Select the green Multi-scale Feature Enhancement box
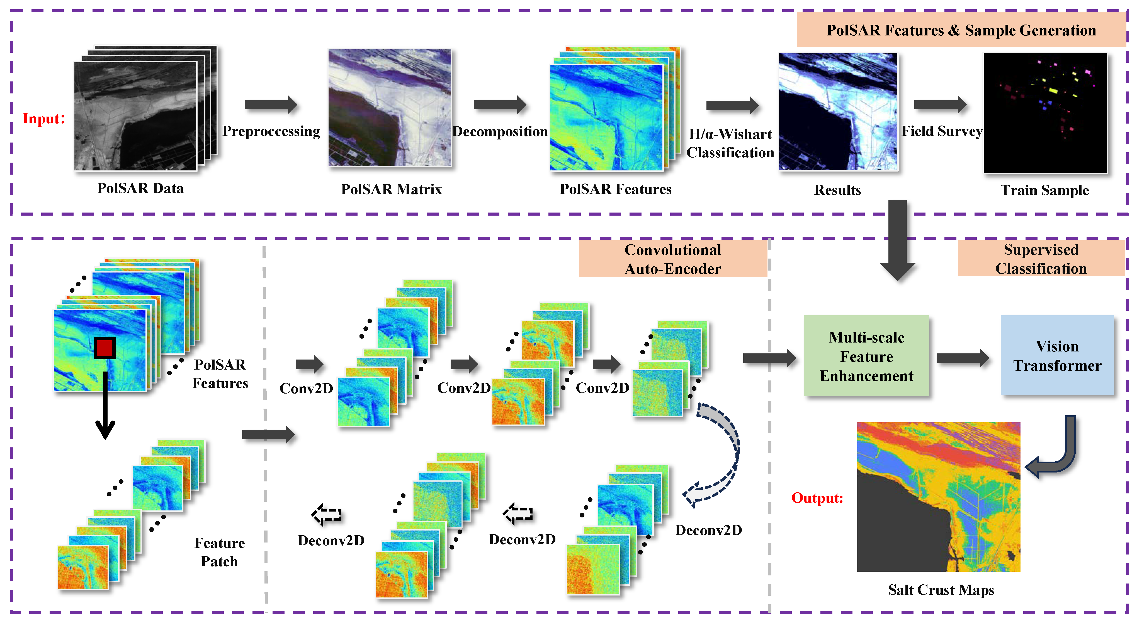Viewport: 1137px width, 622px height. click(x=866, y=356)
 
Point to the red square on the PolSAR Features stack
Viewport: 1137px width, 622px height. click(x=105, y=348)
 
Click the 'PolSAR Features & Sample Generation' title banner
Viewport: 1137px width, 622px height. click(x=961, y=30)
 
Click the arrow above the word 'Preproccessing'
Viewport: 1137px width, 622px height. click(x=271, y=105)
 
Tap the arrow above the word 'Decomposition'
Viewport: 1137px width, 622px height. click(x=500, y=105)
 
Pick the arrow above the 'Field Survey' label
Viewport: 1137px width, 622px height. click(x=940, y=105)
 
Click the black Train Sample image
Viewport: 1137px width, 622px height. click(x=1045, y=113)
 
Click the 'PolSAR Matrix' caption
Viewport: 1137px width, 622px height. click(x=391, y=189)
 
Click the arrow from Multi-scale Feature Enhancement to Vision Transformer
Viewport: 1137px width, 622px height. click(x=962, y=358)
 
